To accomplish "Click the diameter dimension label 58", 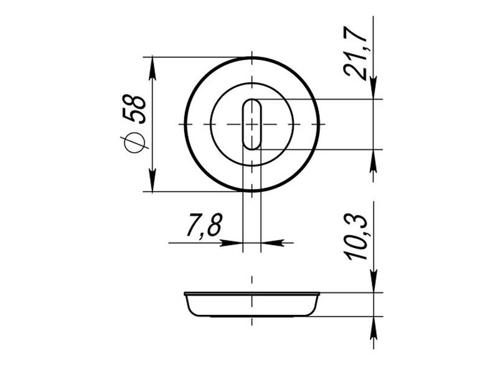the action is click(x=134, y=108).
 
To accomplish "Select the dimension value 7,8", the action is click(x=204, y=225).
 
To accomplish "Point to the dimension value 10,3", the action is click(x=355, y=237).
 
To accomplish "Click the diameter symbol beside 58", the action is click(x=134, y=141).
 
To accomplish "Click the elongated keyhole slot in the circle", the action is click(x=252, y=124).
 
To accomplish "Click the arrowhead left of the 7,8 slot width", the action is click(x=232, y=243).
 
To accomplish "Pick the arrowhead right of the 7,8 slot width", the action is click(x=272, y=243).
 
